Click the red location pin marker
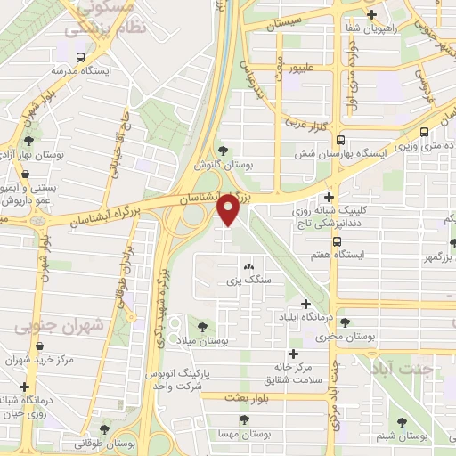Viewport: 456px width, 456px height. (230, 210)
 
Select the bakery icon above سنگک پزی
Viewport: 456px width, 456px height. (248, 266)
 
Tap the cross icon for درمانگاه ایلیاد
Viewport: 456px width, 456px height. (306, 304)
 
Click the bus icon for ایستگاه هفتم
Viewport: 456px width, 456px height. (336, 240)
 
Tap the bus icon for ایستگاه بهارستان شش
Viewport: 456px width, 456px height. (341, 139)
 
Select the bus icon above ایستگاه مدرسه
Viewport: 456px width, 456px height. (81, 57)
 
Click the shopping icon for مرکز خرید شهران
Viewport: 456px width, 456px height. (38, 346)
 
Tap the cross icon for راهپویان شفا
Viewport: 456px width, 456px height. (371, 14)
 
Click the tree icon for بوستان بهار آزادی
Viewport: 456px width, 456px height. (30, 140)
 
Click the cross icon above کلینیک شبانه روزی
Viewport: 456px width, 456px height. (330, 197)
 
